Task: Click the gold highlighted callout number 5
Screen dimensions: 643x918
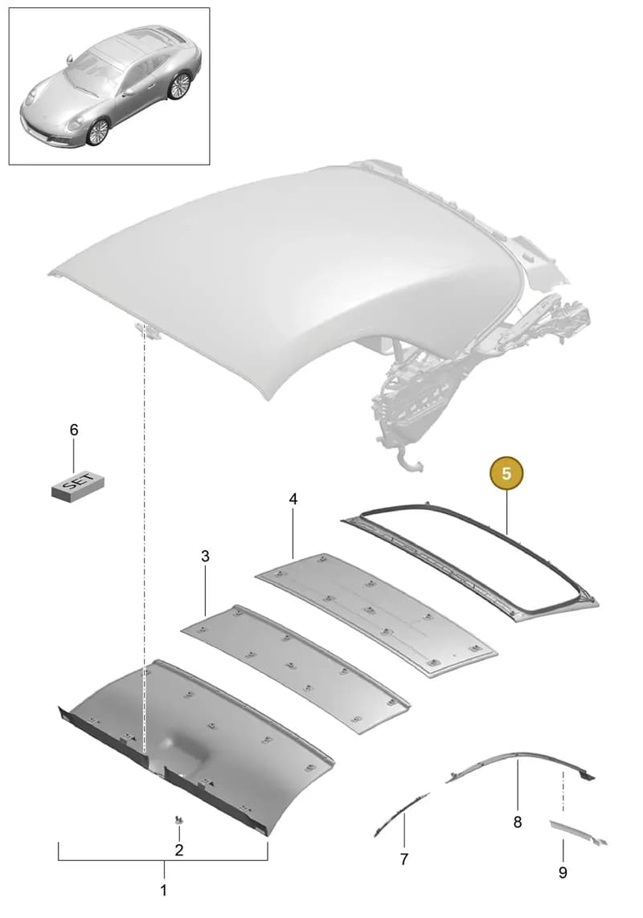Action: [x=506, y=473]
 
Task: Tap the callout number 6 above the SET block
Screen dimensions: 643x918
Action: [x=74, y=430]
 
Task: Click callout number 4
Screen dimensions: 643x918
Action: [x=293, y=499]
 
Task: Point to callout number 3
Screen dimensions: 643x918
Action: [x=205, y=557]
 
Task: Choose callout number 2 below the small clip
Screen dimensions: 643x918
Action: [x=179, y=850]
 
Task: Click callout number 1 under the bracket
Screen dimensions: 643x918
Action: [x=163, y=891]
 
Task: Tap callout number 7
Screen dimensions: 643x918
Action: [x=404, y=859]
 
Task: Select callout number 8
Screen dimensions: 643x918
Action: [x=518, y=822]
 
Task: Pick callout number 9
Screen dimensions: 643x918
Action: [x=563, y=873]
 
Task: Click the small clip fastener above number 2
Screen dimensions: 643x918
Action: [x=178, y=819]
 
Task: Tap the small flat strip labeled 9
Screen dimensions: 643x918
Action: [x=577, y=834]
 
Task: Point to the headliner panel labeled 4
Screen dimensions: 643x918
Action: [x=376, y=614]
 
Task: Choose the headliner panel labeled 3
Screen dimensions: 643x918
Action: [x=296, y=668]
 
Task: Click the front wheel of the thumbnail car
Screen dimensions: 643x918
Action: [x=98, y=132]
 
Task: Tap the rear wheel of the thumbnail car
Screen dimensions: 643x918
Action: [x=179, y=86]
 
